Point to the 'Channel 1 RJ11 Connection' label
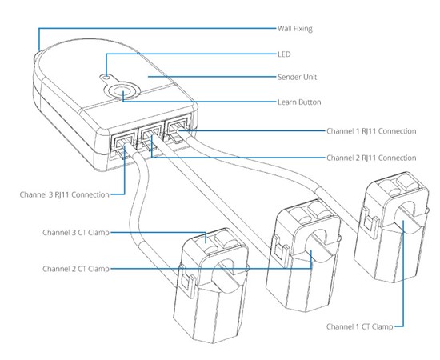tap(371, 130)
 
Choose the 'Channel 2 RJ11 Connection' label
tap(371, 158)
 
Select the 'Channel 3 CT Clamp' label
tap(74, 233)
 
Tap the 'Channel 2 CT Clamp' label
tap(74, 269)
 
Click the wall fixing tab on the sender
tap(38, 57)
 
